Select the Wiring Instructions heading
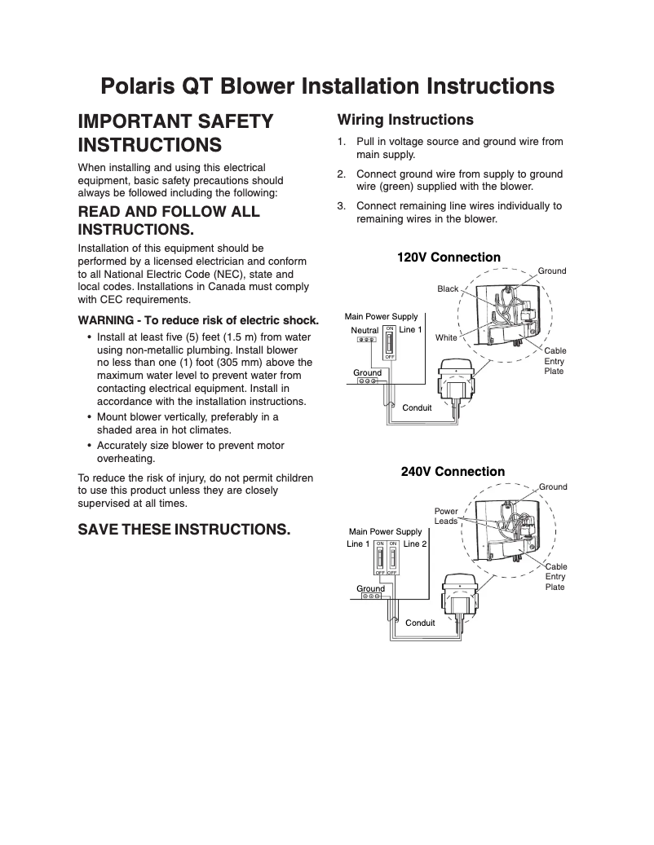pos(405,120)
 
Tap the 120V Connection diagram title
pos(449,257)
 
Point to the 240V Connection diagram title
pos(453,472)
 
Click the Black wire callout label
pos(448,289)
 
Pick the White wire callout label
pos(446,337)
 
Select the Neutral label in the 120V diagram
pos(365,330)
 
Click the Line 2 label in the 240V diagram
pos(415,544)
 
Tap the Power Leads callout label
pos(446,517)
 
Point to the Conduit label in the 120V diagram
pos(418,407)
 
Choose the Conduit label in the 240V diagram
pos(420,623)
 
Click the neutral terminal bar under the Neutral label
pos(366,340)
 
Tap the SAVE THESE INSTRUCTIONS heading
pos(183,530)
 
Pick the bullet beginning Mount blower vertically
pos(188,423)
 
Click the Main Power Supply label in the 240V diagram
pos(385,531)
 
